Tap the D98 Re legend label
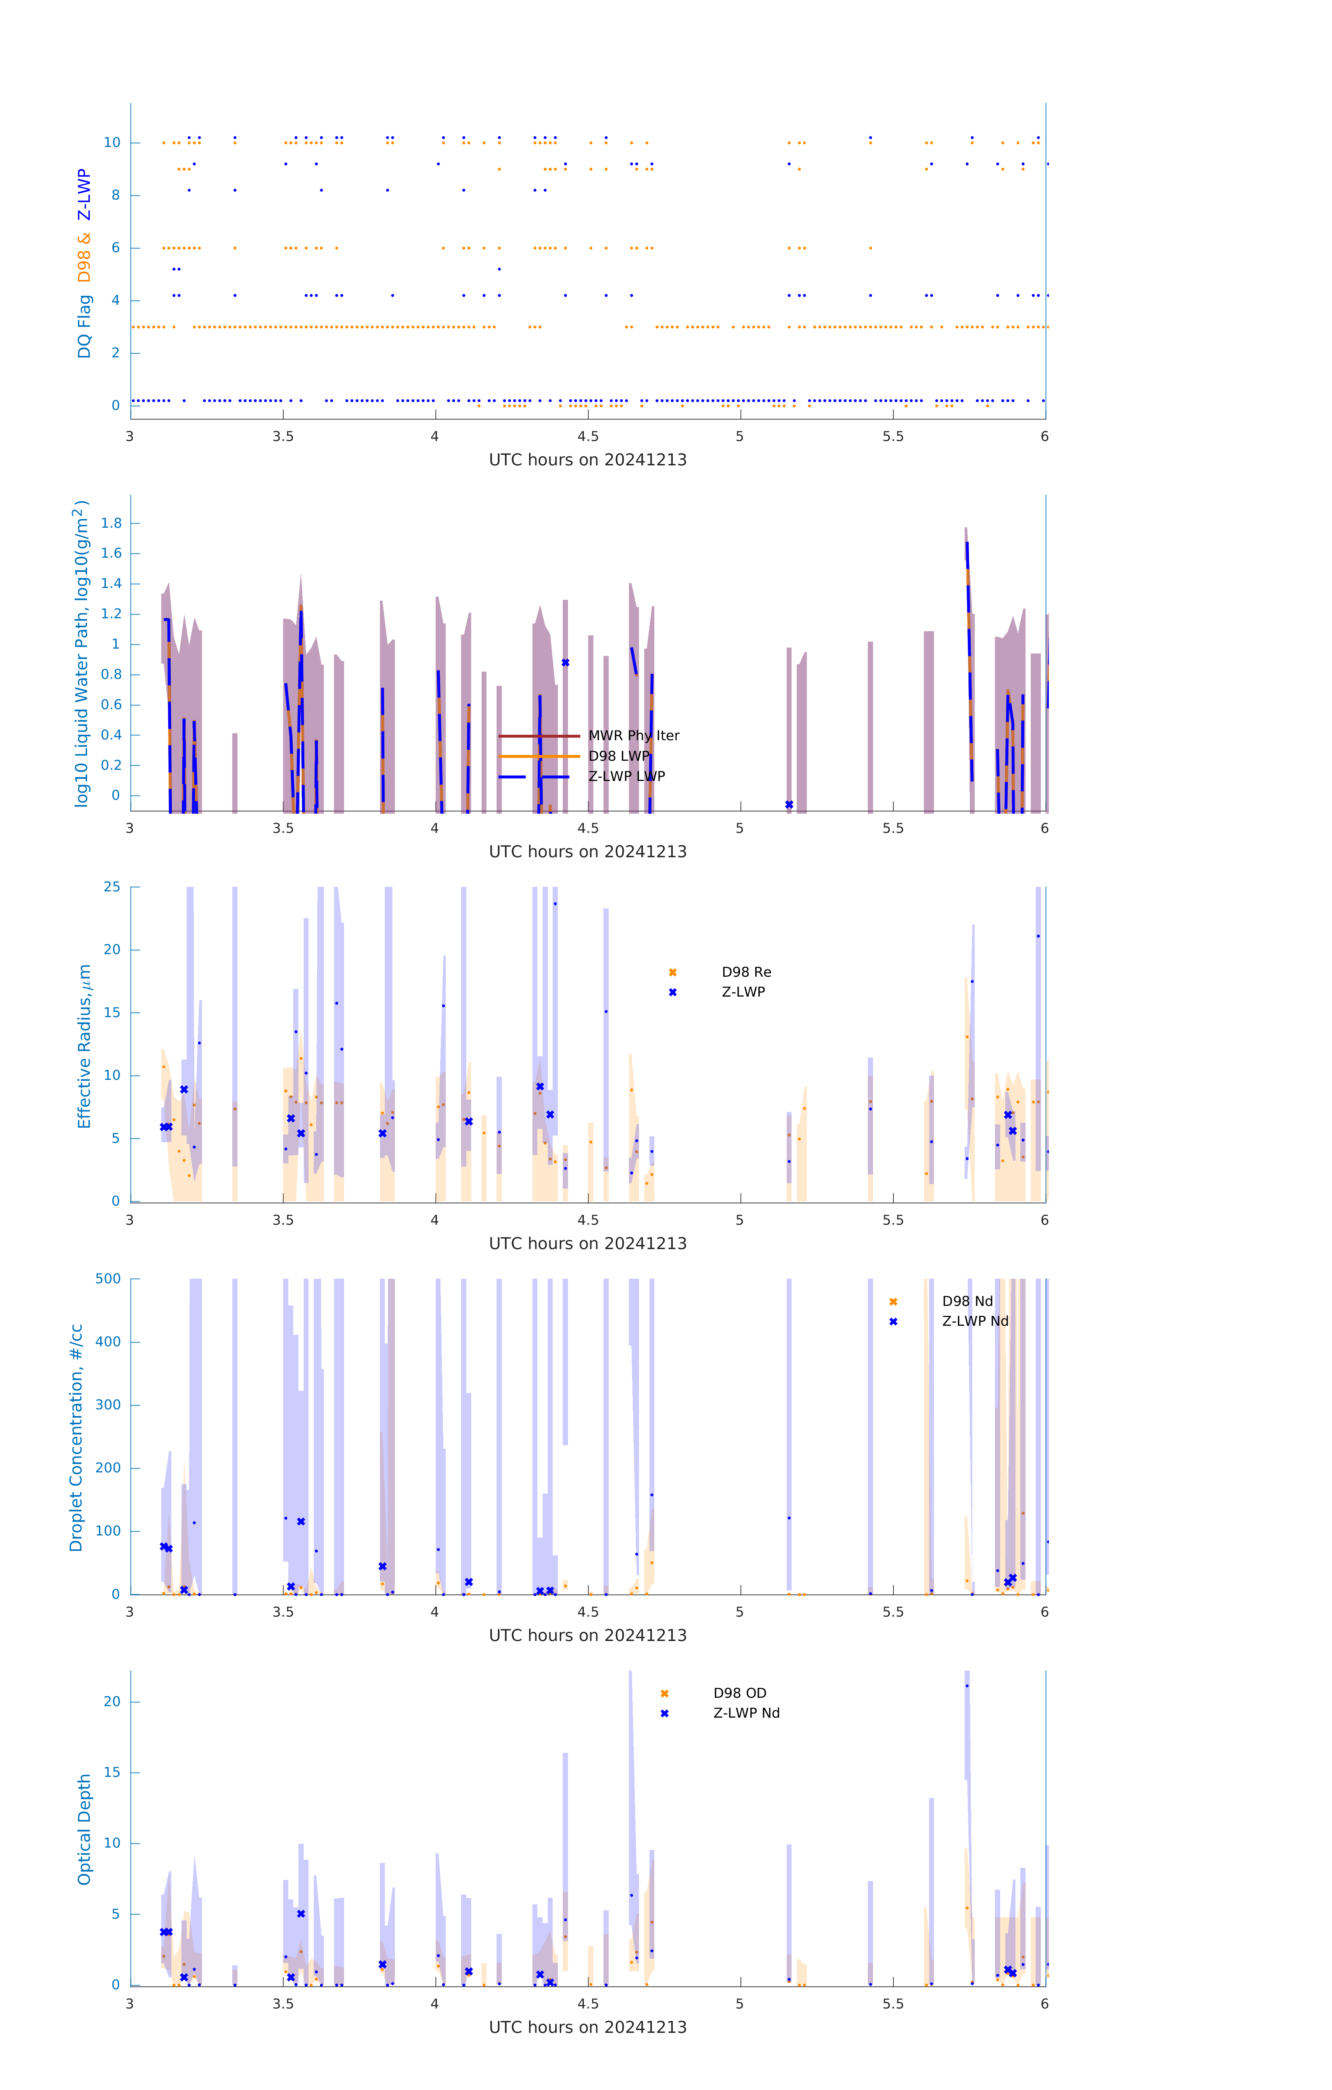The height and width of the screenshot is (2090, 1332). [x=746, y=972]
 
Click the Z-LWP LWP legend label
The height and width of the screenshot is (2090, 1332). [x=626, y=776]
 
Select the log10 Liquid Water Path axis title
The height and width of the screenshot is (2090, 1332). [x=81, y=653]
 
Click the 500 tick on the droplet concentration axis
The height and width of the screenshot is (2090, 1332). [x=108, y=1278]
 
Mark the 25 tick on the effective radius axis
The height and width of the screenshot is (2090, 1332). [x=112, y=887]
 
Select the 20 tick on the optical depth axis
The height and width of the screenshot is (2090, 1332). [x=112, y=1701]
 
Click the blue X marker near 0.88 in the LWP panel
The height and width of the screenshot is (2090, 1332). [x=565, y=662]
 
